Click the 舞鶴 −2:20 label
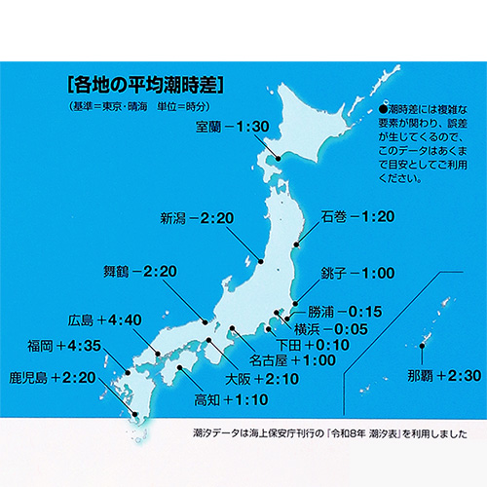[x=140, y=270]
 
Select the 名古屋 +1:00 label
[x=295, y=360]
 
